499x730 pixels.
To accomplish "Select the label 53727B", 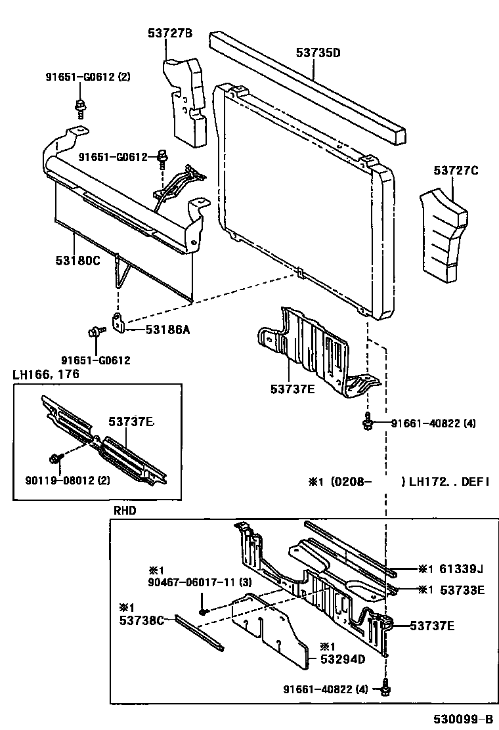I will tap(169, 34).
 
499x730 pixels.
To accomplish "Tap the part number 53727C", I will tap(456, 171).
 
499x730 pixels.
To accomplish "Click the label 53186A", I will tap(167, 330).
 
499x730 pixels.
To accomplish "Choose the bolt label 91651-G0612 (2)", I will tap(88, 77).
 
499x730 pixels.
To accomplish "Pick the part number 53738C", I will tap(141, 619).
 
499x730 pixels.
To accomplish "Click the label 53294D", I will tap(342, 658).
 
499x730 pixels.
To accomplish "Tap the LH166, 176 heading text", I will tap(46, 374).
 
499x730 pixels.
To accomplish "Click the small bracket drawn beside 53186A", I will tap(119, 324).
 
